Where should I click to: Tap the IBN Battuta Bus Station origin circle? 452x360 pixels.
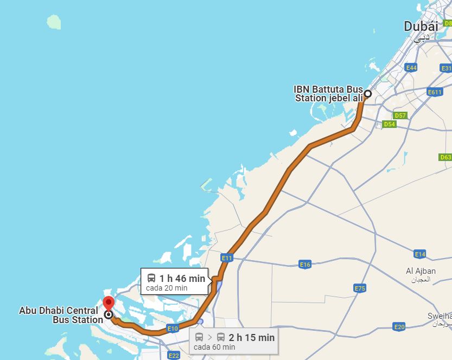tap(367, 94)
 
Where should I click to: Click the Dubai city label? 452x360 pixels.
tap(421, 26)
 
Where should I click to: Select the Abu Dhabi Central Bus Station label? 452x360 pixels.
tap(61, 315)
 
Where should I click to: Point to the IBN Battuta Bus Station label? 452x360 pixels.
tap(328, 93)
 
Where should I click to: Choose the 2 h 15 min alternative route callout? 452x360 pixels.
tap(235, 342)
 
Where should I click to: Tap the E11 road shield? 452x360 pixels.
tap(227, 258)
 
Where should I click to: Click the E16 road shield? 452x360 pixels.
tap(305, 265)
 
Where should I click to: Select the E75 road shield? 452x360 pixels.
tap(360, 288)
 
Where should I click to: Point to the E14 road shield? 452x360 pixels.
tap(419, 254)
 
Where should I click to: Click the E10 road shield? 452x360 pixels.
tap(173, 329)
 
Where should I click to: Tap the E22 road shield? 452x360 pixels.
tap(174, 355)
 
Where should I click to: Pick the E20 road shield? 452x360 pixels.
tap(399, 327)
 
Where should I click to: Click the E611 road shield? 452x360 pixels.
tap(435, 92)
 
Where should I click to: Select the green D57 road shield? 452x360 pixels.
tap(400, 115)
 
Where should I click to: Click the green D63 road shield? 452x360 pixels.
tap(445, 157)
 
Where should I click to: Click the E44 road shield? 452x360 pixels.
tap(411, 68)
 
